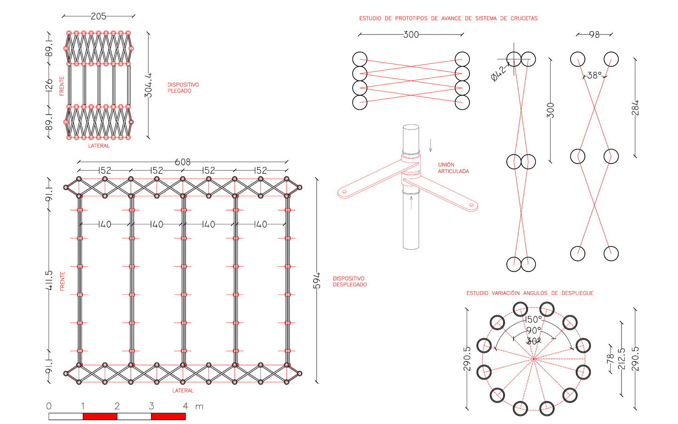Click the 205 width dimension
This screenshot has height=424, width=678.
(x=98, y=16)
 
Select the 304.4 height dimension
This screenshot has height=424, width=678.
(x=148, y=85)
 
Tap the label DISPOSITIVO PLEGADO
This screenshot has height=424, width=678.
(x=183, y=88)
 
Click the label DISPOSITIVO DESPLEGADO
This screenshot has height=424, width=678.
(x=349, y=282)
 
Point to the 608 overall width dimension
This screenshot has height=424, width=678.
(x=183, y=162)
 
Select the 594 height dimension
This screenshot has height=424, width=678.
(x=317, y=280)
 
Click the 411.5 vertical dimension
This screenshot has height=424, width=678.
(x=48, y=280)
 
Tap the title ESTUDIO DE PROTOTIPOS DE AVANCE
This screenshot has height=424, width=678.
(x=448, y=18)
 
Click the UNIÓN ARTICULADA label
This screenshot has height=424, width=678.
(x=453, y=168)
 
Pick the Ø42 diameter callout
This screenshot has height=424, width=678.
(x=499, y=73)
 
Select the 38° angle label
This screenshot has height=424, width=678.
(x=594, y=75)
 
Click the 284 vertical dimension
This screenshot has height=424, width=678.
(x=635, y=108)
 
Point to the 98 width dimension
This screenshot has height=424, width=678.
(x=594, y=34)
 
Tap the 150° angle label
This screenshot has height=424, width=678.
(x=533, y=319)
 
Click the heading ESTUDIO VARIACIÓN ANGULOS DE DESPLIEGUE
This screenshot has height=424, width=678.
(x=530, y=293)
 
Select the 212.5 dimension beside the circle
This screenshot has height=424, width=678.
(x=621, y=359)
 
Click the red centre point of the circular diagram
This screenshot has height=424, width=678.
(x=533, y=359)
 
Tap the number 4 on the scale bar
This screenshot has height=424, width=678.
(x=186, y=406)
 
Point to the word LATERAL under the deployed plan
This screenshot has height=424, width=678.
(x=183, y=391)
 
